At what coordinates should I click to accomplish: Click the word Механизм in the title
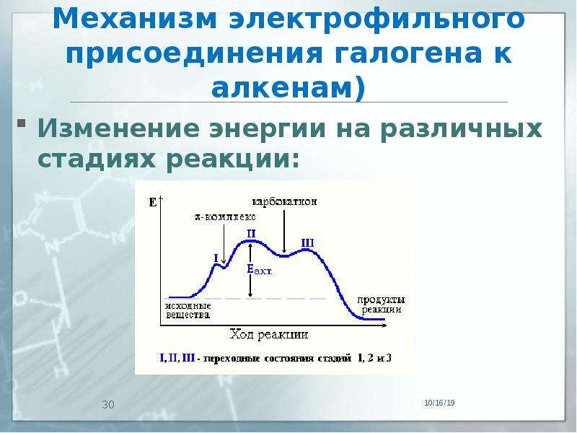[135, 19]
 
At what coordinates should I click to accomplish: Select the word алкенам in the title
[282, 89]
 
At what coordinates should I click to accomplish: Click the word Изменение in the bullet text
[118, 128]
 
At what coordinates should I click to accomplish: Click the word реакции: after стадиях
[232, 159]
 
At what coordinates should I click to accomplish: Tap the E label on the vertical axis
[153, 202]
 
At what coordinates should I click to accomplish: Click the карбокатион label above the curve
[284, 202]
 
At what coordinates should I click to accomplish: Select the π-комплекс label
[225, 216]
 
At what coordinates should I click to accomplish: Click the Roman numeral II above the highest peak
[251, 234]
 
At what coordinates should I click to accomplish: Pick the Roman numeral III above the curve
[307, 243]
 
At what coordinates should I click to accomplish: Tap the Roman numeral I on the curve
[216, 258]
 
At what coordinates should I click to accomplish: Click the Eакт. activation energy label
[260, 270]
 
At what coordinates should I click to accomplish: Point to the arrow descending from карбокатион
[284, 231]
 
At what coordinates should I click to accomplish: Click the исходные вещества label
[188, 310]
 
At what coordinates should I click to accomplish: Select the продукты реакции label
[381, 305]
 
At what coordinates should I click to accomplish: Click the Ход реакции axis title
[269, 334]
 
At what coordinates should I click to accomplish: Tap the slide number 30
[108, 405]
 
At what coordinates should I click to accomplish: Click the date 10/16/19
[439, 403]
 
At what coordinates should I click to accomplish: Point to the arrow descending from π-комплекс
[224, 244]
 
